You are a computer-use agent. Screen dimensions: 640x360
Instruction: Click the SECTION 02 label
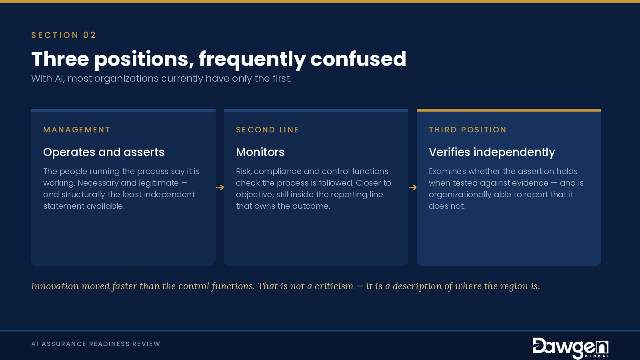point(64,35)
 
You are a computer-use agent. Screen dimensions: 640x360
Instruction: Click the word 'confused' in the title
point(358,59)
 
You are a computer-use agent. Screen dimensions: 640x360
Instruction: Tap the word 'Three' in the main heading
point(60,59)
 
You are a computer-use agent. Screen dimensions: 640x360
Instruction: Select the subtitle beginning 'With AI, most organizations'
point(161,78)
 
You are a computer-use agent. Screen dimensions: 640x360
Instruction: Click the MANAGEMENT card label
point(76,130)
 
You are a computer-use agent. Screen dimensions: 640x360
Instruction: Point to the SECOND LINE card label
point(268,130)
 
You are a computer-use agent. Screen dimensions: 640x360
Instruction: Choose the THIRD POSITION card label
point(468,130)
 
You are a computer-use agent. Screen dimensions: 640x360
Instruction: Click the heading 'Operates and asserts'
point(104,152)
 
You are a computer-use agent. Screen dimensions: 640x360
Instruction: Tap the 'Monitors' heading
point(260,152)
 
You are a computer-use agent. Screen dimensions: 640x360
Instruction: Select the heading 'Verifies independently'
point(492,152)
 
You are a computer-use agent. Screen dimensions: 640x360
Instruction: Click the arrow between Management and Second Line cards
point(220,188)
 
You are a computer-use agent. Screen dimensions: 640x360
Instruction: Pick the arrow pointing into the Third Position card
point(413,188)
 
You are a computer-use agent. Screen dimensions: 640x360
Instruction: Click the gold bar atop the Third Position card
point(509,110)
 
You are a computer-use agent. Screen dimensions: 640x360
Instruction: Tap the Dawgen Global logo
point(570,348)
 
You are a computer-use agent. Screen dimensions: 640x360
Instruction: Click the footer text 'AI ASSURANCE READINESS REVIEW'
point(96,344)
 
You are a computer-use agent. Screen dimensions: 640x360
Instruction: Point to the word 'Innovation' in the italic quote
point(55,286)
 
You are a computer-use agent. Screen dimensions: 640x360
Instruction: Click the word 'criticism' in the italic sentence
point(334,286)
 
